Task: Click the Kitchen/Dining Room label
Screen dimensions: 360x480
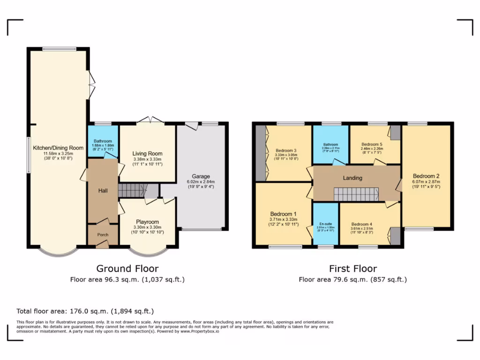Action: click(58, 148)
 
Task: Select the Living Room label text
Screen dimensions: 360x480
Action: click(147, 154)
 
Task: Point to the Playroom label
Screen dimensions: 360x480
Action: click(147, 222)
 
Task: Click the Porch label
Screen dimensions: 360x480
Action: click(102, 235)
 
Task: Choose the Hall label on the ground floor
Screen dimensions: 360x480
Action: click(103, 191)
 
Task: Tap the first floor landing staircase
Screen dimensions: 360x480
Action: click(356, 194)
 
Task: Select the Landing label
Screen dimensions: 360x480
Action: click(352, 178)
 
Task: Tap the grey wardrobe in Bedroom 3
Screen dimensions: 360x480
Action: click(260, 153)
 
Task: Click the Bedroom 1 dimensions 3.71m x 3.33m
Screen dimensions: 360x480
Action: click(284, 219)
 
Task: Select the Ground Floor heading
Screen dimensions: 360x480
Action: click(127, 269)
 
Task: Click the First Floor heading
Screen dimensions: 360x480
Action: click(352, 269)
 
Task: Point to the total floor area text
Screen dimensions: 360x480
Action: click(85, 311)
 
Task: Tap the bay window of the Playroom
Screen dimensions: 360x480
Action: click(148, 252)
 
